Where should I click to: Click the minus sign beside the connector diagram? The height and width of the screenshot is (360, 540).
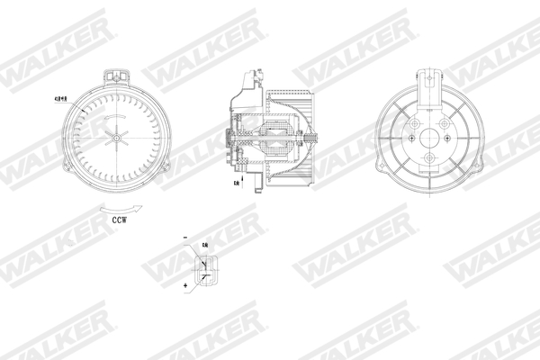184,238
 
